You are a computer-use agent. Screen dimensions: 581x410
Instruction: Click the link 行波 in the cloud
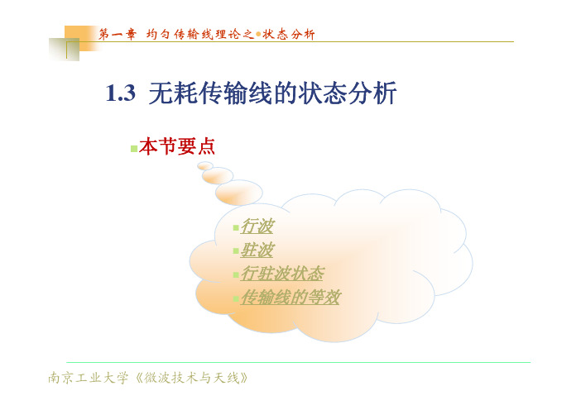point(257,226)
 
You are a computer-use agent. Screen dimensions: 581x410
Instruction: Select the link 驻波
point(257,250)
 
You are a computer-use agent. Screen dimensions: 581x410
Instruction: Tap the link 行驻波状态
point(282,274)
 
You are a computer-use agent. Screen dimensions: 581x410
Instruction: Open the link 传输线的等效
point(290,298)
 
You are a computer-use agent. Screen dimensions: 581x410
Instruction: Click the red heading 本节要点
point(177,146)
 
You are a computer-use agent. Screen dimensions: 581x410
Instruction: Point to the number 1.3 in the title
point(121,93)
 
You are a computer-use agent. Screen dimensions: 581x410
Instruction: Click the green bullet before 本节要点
point(134,149)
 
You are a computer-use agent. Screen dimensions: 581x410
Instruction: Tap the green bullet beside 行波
point(236,227)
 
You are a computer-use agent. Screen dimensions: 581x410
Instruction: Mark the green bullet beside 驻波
point(236,251)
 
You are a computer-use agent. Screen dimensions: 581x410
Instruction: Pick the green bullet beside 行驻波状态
point(236,275)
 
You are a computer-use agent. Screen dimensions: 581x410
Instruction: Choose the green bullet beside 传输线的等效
point(236,298)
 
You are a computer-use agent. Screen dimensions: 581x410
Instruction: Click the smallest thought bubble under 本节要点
point(205,166)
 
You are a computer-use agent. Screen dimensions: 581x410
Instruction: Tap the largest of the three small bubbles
point(239,193)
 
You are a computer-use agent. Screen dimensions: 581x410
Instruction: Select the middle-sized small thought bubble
point(218,175)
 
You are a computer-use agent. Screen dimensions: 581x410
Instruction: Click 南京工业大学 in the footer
point(89,378)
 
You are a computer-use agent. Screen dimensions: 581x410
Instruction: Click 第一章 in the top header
point(117,35)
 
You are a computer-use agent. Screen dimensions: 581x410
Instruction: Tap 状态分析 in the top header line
point(289,35)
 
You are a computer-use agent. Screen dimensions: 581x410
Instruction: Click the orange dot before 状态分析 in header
point(258,35)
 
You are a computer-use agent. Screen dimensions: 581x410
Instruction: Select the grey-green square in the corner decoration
point(64,50)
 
